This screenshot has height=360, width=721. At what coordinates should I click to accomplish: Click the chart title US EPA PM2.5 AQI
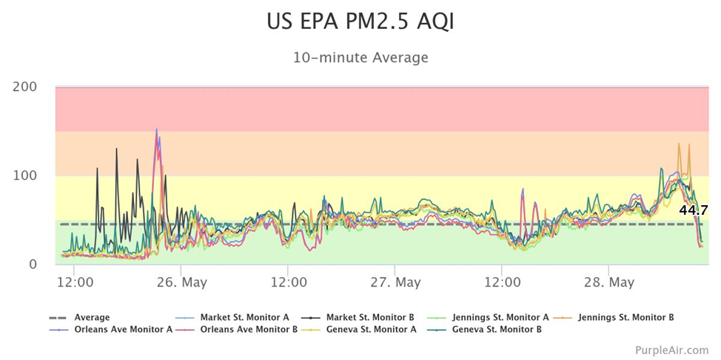click(360, 21)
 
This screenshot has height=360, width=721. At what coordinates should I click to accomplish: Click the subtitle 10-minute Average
click(360, 57)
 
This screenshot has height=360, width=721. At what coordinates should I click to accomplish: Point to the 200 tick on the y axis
click(25, 87)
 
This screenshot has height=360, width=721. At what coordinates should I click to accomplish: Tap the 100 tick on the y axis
click(25, 176)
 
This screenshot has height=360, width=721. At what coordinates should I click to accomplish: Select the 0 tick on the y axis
click(33, 264)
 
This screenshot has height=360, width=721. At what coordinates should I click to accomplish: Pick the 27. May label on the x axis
click(395, 282)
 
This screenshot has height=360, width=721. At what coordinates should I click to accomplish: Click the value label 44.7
click(693, 210)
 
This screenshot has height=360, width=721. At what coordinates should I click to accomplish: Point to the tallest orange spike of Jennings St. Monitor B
click(679, 144)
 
